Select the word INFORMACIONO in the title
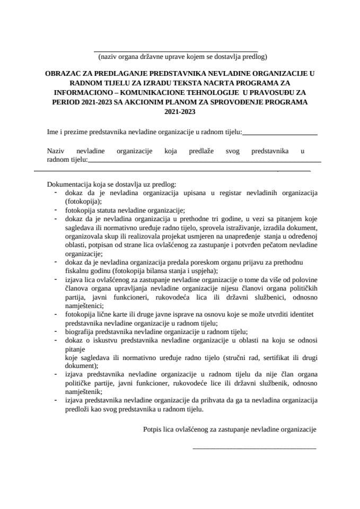[x=77, y=93]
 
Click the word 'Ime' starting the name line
[x=52, y=131]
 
